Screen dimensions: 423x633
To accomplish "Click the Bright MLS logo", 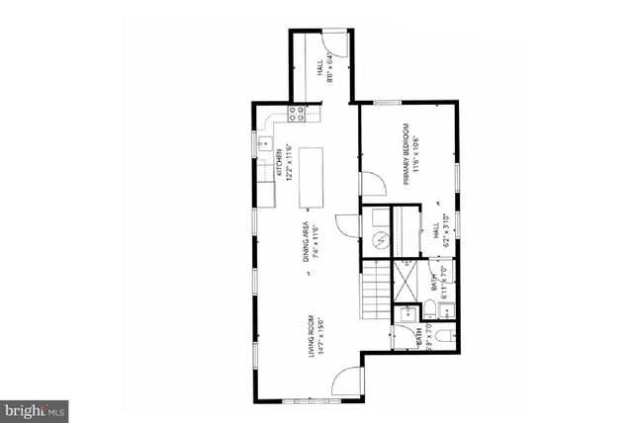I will coord(35,408).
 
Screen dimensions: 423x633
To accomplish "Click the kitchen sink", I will coord(264,145).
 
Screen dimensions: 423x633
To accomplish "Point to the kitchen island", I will coord(311,177).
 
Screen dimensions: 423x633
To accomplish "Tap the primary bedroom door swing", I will coord(372,184).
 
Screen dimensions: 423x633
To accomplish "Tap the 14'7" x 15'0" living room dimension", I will coord(322,338).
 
